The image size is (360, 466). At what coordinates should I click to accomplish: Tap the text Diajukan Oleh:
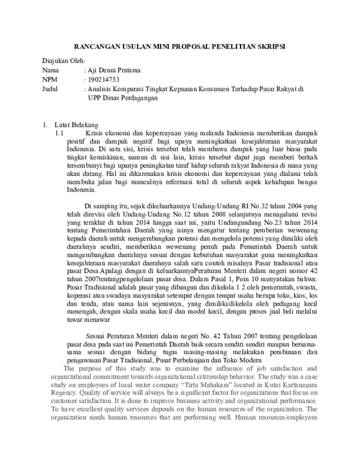coord(64,61)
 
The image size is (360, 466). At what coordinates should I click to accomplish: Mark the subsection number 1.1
coord(59,133)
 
